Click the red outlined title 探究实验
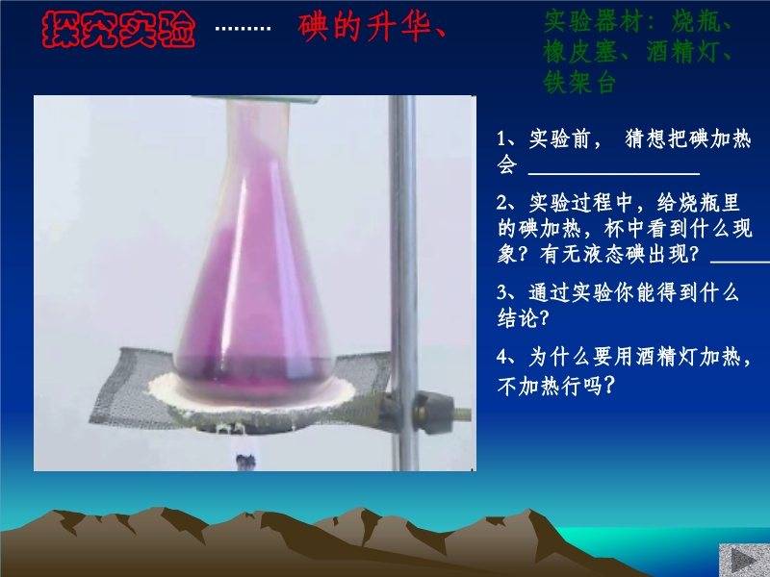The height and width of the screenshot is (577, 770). (118, 30)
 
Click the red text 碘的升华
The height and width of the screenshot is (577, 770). (366, 27)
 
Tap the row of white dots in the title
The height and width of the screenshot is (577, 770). (244, 29)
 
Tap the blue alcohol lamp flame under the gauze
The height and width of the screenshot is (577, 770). (245, 451)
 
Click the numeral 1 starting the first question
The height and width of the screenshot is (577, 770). (500, 138)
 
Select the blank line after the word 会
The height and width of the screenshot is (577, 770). (614, 173)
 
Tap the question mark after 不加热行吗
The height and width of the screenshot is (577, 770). (608, 386)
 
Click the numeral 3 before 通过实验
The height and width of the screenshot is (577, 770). (501, 293)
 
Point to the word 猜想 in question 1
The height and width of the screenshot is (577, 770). (646, 138)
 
